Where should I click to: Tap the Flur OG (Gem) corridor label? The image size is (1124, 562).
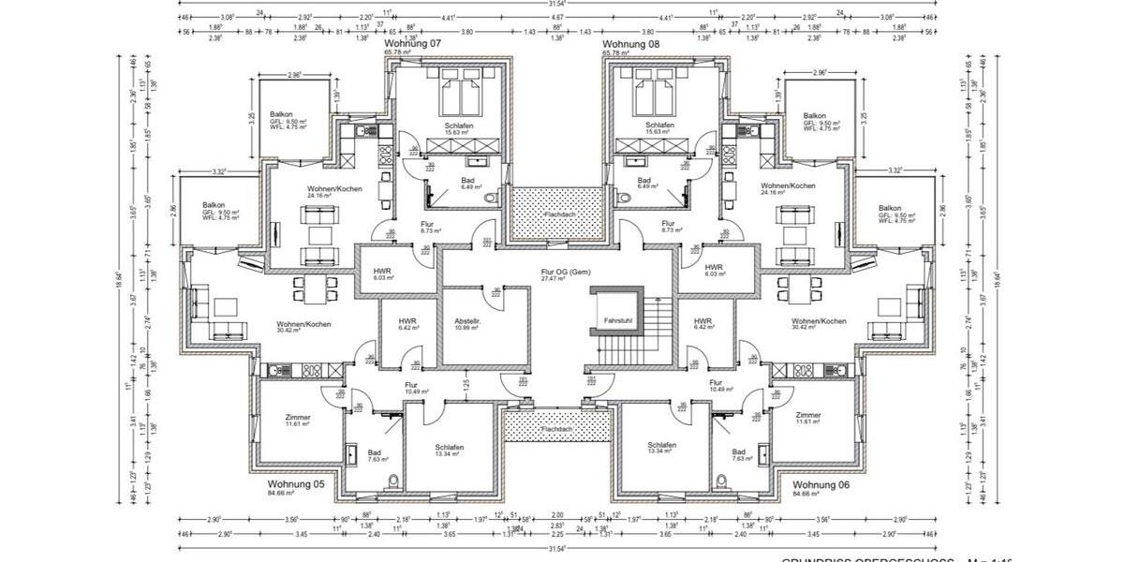pyautogui.click(x=563, y=273)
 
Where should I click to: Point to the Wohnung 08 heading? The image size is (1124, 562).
pyautogui.click(x=630, y=44)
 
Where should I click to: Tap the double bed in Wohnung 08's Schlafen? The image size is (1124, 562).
pyautogui.click(x=658, y=94)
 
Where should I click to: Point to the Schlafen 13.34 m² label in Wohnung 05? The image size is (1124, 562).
pyautogui.click(x=449, y=451)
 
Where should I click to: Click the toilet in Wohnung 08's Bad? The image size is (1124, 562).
pyautogui.click(x=626, y=199)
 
